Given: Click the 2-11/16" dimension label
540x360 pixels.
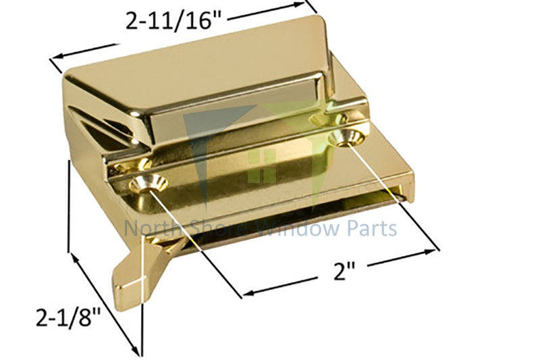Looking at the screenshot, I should pos(174,21).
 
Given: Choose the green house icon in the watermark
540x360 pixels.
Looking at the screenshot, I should pos(263,162).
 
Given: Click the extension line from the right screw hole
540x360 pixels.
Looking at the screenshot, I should pos(391,196).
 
